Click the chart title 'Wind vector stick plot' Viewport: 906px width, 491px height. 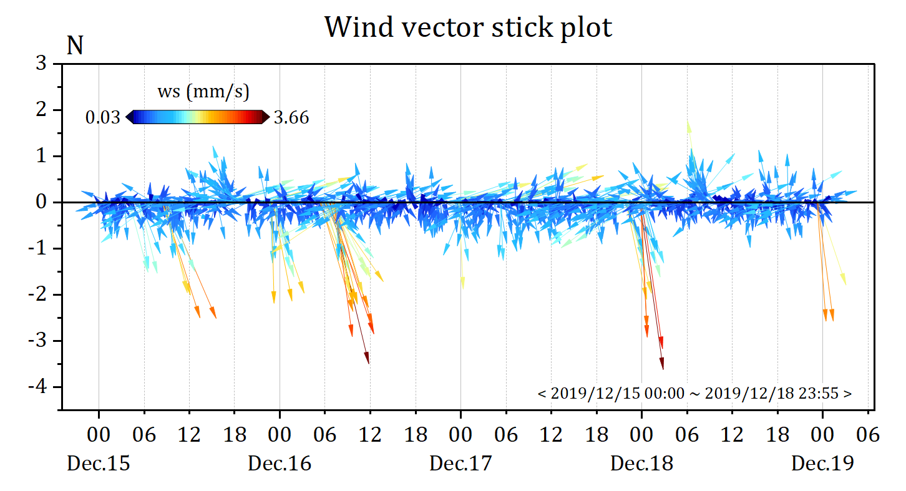point(468,27)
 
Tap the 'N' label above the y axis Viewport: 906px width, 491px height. point(75,46)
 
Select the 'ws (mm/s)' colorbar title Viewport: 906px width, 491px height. point(203,92)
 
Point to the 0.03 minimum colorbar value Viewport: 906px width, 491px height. point(103,117)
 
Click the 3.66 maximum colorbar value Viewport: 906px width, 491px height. point(291,117)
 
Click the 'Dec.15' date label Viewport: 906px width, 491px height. point(99,464)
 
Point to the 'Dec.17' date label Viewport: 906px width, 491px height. point(460,464)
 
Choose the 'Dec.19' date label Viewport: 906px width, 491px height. point(822,464)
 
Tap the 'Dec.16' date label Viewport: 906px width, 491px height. point(280,464)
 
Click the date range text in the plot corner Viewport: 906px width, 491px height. point(694,394)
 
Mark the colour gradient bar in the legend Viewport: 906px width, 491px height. point(198,117)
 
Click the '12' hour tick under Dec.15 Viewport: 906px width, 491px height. point(189,435)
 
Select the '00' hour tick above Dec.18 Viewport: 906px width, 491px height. point(641,435)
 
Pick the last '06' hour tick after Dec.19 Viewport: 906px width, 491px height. point(868,435)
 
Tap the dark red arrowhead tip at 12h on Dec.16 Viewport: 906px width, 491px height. point(369,362)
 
